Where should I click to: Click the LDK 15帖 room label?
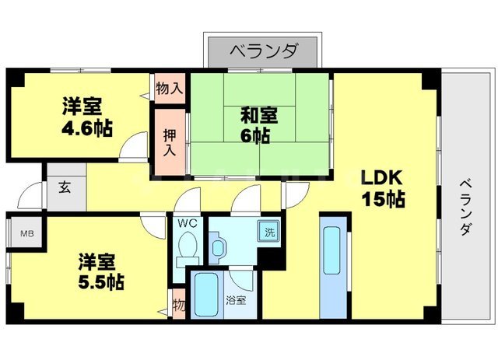click(381, 187)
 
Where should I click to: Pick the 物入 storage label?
click(168, 88)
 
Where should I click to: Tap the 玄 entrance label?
click(61, 187)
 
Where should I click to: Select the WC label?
click(187, 224)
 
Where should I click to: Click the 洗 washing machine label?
click(268, 231)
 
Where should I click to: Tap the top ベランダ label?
click(263, 51)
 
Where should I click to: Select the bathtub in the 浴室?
click(205, 295)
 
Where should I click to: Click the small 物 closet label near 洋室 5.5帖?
click(178, 302)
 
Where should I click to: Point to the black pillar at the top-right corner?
click(429, 81)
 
